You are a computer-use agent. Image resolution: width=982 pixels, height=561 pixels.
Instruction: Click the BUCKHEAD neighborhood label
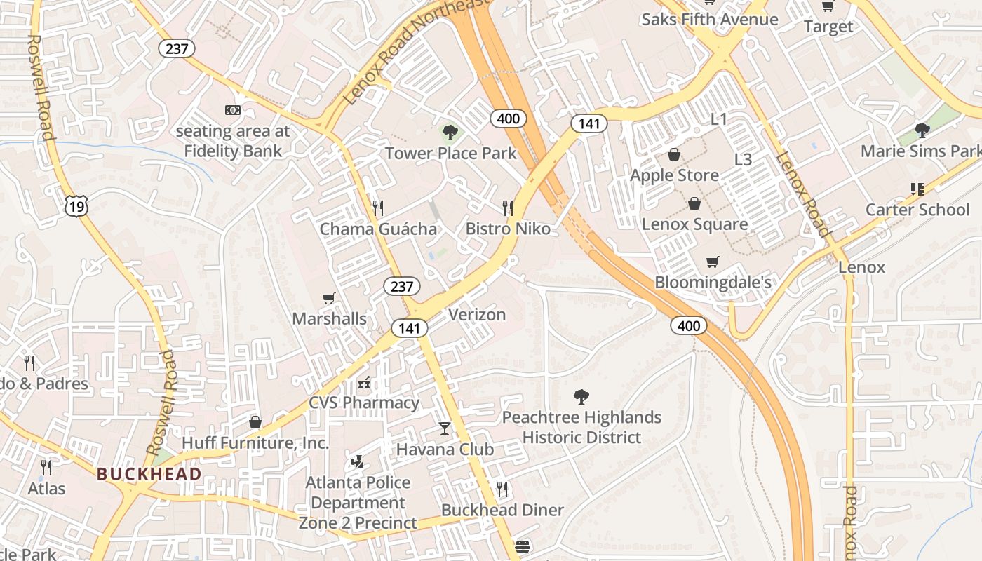149,474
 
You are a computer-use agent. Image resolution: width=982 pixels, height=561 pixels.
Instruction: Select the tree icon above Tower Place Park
450,132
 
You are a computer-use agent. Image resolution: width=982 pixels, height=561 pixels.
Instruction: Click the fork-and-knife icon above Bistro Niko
508,208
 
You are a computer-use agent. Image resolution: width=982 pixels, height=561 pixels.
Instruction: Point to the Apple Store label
674,175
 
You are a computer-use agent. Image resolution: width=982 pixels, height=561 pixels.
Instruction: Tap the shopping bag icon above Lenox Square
694,203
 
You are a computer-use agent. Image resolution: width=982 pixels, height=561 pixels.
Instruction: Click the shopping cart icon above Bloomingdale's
713,262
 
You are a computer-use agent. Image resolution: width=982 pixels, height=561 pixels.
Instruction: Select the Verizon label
477,314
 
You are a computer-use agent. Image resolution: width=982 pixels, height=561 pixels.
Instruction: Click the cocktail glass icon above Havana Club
445,428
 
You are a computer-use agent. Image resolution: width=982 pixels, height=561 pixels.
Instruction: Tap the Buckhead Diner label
502,510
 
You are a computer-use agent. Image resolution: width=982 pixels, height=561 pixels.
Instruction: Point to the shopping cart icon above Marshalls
328,298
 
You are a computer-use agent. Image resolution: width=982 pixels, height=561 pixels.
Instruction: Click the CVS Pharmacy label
364,403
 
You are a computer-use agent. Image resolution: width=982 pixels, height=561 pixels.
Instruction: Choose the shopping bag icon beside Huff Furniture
255,421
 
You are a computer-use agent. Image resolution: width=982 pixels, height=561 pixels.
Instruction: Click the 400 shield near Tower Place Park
508,118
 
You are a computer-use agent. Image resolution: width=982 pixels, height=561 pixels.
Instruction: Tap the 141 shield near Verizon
410,327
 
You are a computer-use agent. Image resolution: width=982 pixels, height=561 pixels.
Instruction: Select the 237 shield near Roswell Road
177,48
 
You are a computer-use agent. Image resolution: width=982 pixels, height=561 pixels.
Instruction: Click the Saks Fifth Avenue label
709,19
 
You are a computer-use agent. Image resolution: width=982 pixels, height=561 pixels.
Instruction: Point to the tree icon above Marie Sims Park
922,130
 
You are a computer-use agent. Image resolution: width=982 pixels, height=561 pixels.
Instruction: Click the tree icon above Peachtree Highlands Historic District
581,397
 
